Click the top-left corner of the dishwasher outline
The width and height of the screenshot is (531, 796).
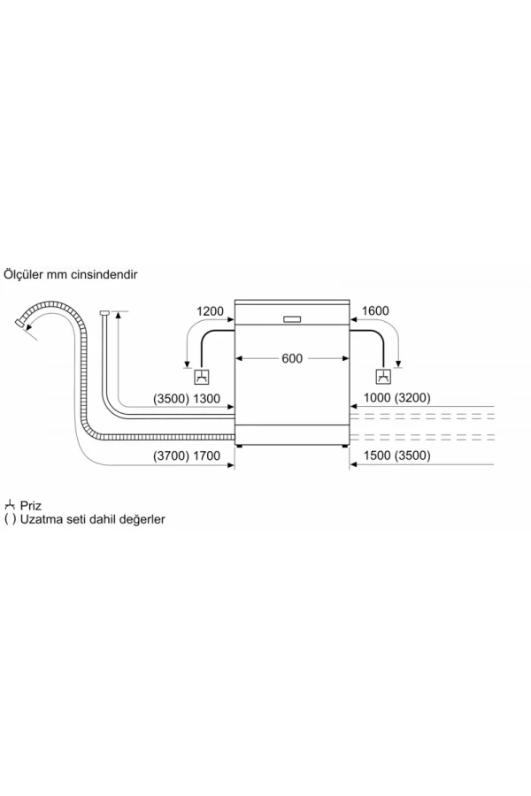235,300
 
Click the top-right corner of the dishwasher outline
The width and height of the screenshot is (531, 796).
350,300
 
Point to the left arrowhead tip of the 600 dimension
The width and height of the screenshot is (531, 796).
235,358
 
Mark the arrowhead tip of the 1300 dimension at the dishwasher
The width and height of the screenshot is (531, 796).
235,407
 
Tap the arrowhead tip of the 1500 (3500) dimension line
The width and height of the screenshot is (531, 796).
350,464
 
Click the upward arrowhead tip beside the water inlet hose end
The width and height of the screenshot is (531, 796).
118,311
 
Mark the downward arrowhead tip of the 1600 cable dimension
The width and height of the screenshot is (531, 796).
398,367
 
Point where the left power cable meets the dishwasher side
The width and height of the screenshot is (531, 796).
235,332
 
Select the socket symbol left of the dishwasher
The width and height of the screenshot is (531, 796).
203,377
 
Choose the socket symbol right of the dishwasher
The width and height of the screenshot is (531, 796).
383,377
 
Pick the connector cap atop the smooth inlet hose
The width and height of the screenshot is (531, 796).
104,313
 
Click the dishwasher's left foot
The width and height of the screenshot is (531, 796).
239,447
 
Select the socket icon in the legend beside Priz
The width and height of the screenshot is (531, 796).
10,505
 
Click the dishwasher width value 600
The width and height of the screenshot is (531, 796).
292,358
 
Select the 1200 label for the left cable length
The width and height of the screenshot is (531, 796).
210,310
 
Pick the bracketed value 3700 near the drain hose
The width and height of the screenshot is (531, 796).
171,455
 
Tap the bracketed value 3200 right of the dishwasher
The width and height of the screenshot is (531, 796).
412,397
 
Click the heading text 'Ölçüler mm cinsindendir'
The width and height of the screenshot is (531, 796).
71,275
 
